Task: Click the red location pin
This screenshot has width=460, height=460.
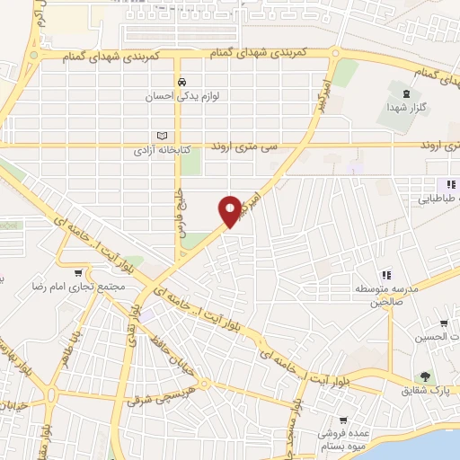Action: pyautogui.click(x=232, y=210)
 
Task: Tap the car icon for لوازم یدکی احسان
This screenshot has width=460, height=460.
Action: pyautogui.click(x=181, y=79)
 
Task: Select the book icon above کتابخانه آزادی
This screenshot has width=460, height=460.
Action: pyautogui.click(x=162, y=135)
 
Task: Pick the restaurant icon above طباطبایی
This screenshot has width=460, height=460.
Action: pyautogui.click(x=440, y=184)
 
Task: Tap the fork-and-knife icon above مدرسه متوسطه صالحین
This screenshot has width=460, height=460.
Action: pyautogui.click(x=386, y=275)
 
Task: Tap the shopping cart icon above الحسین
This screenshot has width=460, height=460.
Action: pyautogui.click(x=444, y=323)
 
